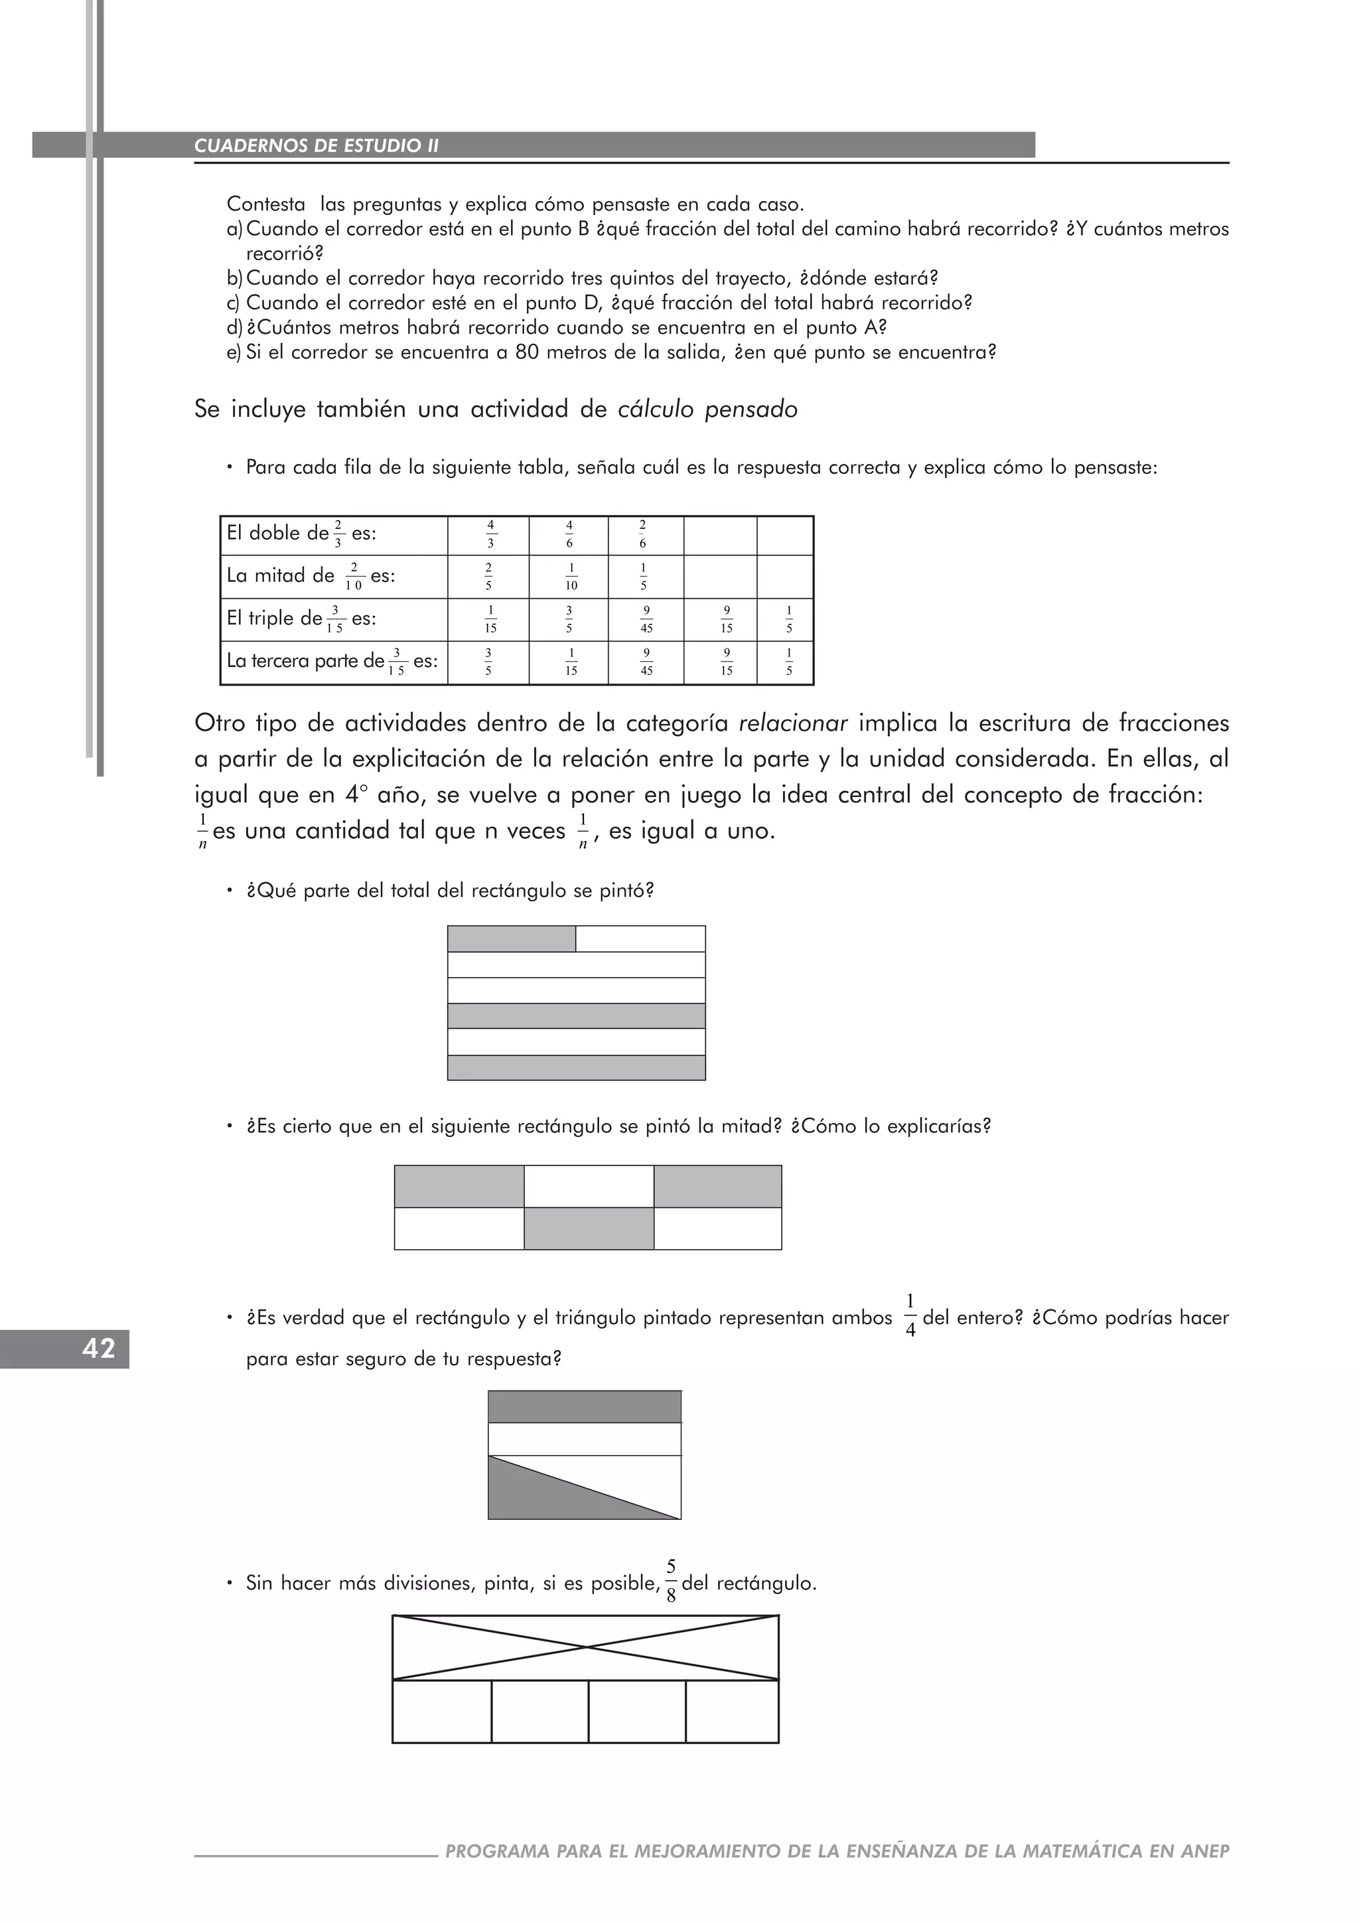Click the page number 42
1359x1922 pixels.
click(x=98, y=1349)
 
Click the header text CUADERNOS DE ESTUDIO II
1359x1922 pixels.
click(x=317, y=145)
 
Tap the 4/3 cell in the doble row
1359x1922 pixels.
click(x=490, y=534)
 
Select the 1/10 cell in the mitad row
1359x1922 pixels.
click(x=571, y=577)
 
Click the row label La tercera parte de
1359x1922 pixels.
click(x=305, y=661)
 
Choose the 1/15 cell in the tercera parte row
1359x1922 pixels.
click(x=571, y=662)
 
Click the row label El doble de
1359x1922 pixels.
click(x=278, y=533)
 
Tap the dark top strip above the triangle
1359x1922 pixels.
click(x=584, y=1406)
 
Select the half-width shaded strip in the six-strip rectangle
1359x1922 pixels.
click(x=512, y=938)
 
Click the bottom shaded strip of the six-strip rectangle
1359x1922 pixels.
click(x=576, y=1067)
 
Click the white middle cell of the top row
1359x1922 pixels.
click(x=589, y=1185)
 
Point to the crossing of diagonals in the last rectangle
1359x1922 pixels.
click(x=586, y=1647)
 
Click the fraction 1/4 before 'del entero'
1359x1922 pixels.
click(x=910, y=1316)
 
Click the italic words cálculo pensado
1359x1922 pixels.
click(x=707, y=409)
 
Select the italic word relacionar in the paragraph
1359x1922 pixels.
click(x=794, y=723)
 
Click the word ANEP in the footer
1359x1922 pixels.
click(x=1205, y=1851)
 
